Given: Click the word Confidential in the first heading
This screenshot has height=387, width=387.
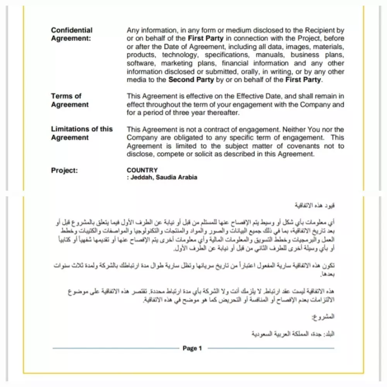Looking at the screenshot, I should [72, 30].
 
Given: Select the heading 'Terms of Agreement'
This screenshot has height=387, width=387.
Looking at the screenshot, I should [70, 100].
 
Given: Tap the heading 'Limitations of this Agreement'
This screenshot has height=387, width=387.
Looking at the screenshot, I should [82, 133].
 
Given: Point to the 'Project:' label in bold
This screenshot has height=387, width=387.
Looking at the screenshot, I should [64, 170].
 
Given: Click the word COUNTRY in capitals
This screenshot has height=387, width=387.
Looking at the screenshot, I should [142, 170].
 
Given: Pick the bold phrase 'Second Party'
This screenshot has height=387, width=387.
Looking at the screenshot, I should [191, 80].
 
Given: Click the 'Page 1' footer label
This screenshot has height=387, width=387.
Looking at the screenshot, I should [192, 348].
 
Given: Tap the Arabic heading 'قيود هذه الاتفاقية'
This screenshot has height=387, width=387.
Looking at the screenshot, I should [315, 204].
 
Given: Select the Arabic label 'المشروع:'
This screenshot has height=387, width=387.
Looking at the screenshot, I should [323, 317].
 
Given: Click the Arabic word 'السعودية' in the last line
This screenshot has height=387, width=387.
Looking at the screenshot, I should [263, 334].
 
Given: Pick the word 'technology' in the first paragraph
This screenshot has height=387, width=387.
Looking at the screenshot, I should [180, 55].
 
